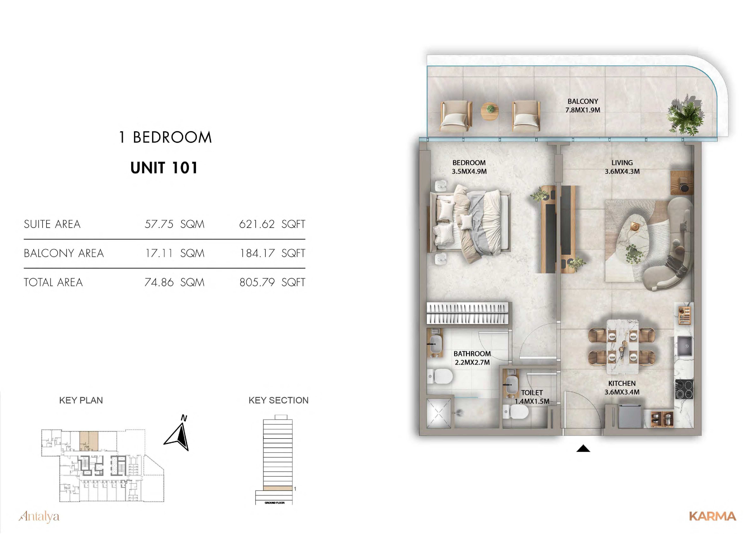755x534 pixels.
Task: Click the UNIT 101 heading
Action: tap(164, 168)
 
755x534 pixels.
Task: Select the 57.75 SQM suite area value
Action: tap(174, 224)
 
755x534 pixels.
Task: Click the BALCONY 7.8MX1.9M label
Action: tap(583, 106)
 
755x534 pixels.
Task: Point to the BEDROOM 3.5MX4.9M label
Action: tap(469, 167)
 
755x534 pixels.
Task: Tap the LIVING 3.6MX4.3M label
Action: tap(622, 167)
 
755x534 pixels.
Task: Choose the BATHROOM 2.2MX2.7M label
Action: tap(472, 358)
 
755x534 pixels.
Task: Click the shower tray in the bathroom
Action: tap(439, 413)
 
